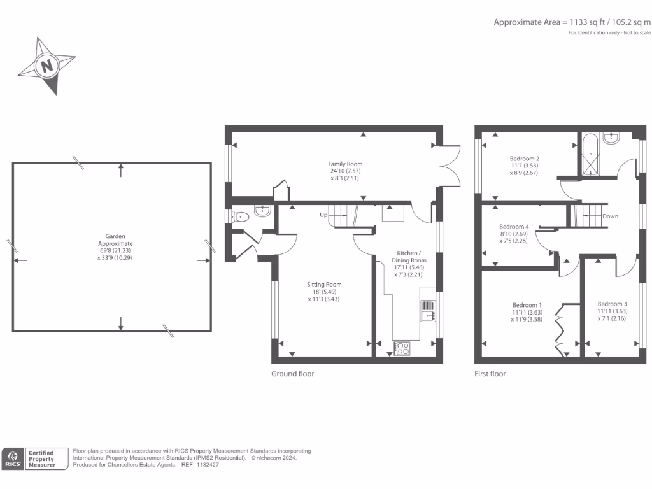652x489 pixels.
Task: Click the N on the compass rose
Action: tap(47, 66)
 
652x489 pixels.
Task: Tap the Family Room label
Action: tap(345, 164)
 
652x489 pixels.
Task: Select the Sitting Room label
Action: tap(324, 285)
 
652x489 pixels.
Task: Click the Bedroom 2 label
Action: tap(525, 159)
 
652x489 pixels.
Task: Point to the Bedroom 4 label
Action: tap(514, 227)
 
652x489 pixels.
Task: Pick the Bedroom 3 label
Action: tap(612, 304)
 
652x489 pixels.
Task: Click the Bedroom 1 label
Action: tap(527, 305)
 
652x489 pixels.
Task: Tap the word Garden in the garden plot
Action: tap(115, 236)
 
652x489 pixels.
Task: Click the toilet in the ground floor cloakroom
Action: tap(240, 217)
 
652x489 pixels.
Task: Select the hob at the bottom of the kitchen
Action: tap(402, 348)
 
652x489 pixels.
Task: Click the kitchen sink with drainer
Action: tap(428, 311)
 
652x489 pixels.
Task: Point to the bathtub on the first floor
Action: tap(590, 155)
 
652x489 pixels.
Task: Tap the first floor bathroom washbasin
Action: tap(611, 138)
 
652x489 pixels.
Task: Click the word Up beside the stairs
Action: tap(323, 215)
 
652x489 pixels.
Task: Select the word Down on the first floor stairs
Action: tap(610, 216)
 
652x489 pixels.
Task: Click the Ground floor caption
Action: tap(293, 374)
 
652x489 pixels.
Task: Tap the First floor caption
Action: tap(490, 374)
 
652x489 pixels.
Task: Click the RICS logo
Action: tap(13, 458)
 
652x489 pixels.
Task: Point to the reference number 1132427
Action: tap(208, 465)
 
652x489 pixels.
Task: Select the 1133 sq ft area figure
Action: tap(587, 22)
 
